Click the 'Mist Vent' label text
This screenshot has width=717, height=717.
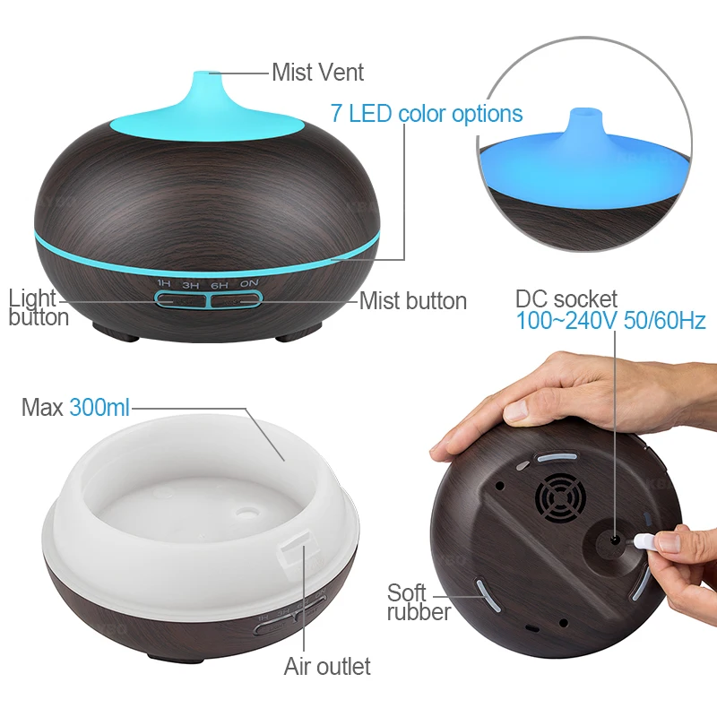tap(317, 72)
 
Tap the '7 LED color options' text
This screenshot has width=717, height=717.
tap(427, 114)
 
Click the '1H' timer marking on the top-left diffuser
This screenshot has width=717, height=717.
tap(164, 284)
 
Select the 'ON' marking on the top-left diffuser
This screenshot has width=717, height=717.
tap(248, 284)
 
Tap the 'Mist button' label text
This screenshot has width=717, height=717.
tap(412, 301)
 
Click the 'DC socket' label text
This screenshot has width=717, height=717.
tap(566, 298)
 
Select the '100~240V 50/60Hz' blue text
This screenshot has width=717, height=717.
tap(610, 321)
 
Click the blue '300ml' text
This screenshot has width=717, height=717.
tap(99, 409)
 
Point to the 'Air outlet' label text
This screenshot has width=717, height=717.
tap(327, 666)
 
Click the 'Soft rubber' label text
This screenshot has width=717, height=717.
tap(419, 602)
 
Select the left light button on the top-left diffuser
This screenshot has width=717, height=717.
tap(180, 299)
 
